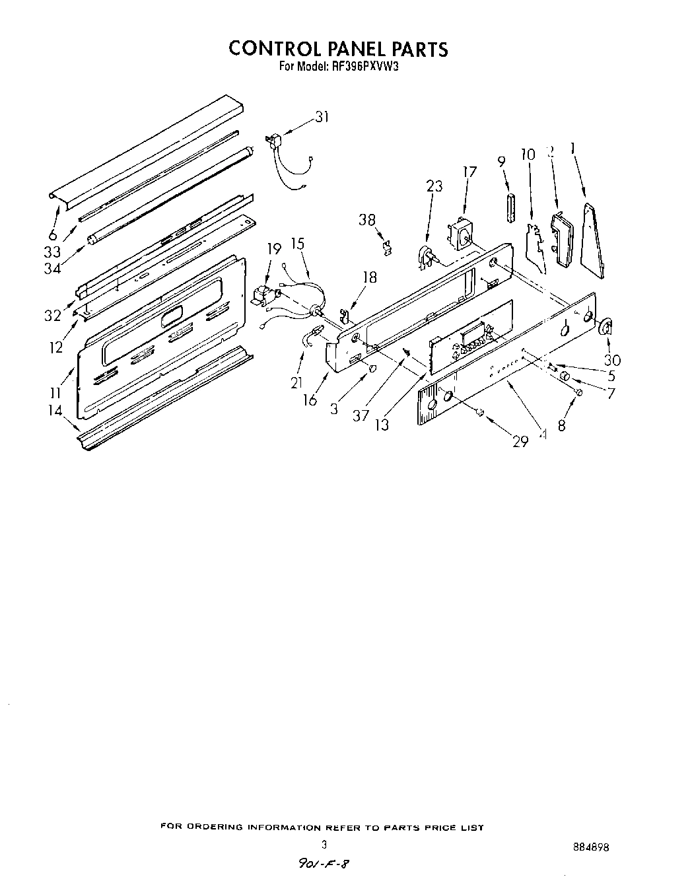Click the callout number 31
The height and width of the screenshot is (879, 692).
point(322,117)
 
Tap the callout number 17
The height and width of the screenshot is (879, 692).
point(469,172)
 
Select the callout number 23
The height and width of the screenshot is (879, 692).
point(434,186)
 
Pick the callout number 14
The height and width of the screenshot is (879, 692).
point(55,411)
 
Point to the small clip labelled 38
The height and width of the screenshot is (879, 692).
point(388,247)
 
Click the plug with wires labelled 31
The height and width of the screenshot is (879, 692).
point(276,145)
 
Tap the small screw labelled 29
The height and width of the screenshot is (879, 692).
point(480,413)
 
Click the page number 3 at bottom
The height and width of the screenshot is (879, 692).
point(324,844)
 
